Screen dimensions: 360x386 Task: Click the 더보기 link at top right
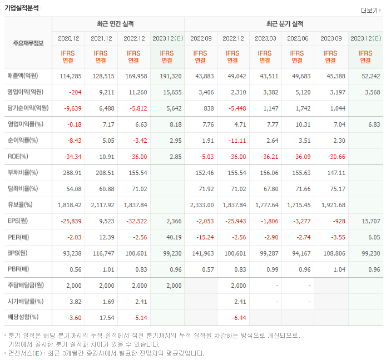[x=370, y=10]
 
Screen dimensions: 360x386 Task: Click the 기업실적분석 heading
[x=22, y=8]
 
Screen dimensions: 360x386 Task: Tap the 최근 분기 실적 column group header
[x=284, y=24]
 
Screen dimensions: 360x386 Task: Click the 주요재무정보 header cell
[x=28, y=43]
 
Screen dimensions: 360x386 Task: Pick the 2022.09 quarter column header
[x=201, y=38]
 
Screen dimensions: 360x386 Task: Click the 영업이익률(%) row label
[x=25, y=124]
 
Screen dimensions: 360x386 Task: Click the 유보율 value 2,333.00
[x=201, y=205]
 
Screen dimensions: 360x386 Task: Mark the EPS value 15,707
[x=370, y=221]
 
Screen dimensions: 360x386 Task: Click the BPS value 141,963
[x=202, y=253]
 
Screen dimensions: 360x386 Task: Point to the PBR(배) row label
[x=19, y=269]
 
